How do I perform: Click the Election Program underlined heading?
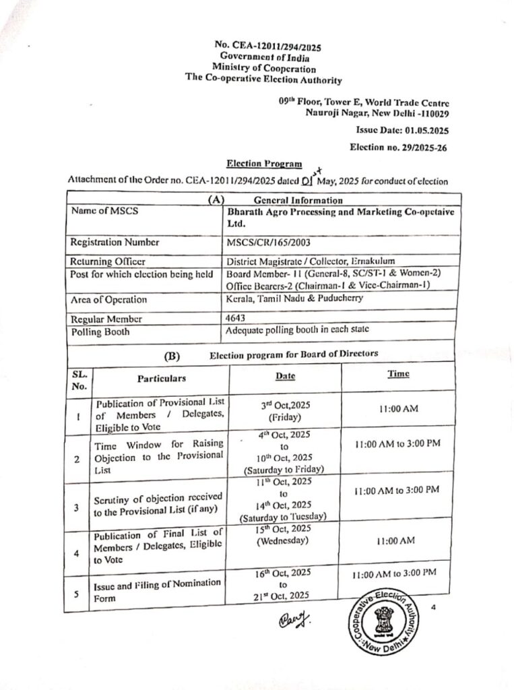pos(264,164)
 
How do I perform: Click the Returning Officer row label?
pos(108,261)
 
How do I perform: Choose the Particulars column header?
pos(162,379)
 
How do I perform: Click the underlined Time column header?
pos(398,374)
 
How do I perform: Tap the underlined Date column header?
pos(285,375)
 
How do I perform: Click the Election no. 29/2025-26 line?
pos(399,146)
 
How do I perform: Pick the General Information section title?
pos(298,200)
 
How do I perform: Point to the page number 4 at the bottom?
pos(434,608)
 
